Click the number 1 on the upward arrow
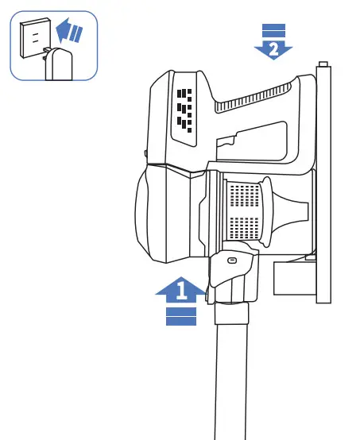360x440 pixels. click(181, 291)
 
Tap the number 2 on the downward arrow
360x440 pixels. click(273, 48)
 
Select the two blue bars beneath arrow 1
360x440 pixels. click(181, 317)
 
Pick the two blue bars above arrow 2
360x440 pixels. click(273, 30)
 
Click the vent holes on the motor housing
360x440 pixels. click(184, 109)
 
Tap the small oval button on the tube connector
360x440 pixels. click(232, 261)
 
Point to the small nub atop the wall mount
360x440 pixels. click(322, 64)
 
